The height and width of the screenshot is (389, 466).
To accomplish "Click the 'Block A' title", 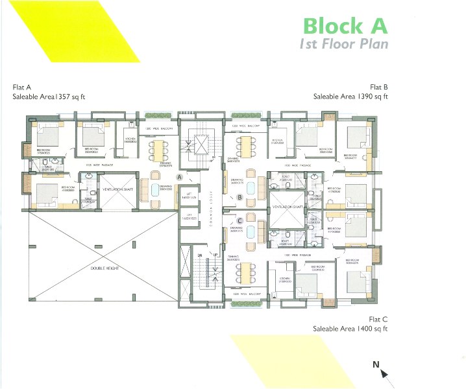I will tap(345, 25).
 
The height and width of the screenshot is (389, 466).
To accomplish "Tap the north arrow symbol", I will tap(382, 370).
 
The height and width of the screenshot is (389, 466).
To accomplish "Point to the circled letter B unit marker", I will tap(239, 197).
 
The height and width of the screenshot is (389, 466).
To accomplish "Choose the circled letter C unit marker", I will tap(239, 220).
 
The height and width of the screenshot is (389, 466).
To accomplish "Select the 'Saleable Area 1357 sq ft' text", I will tap(49, 96).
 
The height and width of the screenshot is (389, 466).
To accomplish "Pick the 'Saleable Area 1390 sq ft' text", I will tap(350, 96).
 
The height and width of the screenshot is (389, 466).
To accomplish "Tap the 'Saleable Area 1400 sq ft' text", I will tap(350, 329).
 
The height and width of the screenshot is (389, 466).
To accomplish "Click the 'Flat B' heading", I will tap(378, 86).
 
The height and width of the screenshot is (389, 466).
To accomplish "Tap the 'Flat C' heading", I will tap(378, 319).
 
